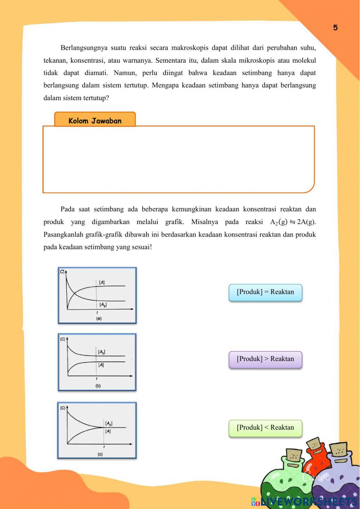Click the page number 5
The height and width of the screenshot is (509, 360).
point(335,28)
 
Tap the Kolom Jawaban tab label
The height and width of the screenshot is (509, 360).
point(95,121)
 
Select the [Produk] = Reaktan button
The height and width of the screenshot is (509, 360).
point(265,292)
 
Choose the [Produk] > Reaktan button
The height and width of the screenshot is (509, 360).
point(265,359)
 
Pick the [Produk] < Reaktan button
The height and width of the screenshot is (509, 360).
point(265,428)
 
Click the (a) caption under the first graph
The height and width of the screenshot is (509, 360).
point(98,318)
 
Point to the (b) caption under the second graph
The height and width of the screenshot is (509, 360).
point(98,386)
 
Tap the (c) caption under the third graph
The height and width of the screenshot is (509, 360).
point(100,454)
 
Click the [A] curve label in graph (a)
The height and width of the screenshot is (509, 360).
point(102,283)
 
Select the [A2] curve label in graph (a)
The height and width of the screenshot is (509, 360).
point(103,305)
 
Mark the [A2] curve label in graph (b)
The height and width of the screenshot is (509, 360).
point(102,352)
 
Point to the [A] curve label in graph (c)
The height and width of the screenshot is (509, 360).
point(108,431)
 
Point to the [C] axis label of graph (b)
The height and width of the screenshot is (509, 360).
point(63,339)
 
